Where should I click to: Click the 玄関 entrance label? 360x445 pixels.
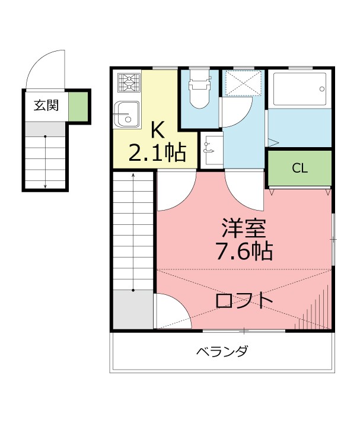tap(45, 106)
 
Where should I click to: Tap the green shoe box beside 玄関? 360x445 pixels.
tap(77, 106)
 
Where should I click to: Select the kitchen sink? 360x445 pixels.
tap(126, 113)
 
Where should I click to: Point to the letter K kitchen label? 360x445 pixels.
tap(157, 129)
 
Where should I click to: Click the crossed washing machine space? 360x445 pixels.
tap(243, 82)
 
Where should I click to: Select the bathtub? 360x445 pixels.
tap(299, 89)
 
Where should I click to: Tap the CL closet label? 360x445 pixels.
tap(300, 169)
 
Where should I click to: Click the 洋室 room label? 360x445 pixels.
tap(243, 227)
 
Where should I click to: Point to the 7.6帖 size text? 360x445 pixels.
tap(243, 252)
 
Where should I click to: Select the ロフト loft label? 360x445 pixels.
tap(244, 300)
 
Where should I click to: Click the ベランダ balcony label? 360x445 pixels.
tap(221, 351)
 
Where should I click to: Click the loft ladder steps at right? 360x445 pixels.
tap(317, 309)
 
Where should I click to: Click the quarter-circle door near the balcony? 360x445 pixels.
tap(172, 311)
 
